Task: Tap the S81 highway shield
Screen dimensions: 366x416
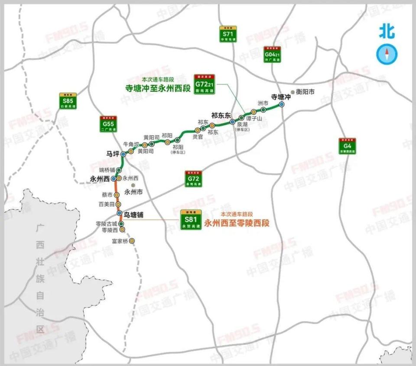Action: click(191, 220)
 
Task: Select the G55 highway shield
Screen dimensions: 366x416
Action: click(107, 123)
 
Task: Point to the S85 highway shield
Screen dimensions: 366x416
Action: click(67, 100)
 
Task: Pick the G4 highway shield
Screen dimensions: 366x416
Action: click(347, 146)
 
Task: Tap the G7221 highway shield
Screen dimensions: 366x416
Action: click(205, 84)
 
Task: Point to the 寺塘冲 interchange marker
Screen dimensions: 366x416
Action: click(282, 104)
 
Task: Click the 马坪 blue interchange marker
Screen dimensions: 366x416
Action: click(123, 154)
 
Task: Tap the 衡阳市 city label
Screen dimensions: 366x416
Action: click(305, 92)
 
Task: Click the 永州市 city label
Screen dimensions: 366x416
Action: click(133, 191)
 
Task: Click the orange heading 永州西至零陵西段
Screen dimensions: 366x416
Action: click(237, 223)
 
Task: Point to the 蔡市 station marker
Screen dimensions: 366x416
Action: click(117, 195)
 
